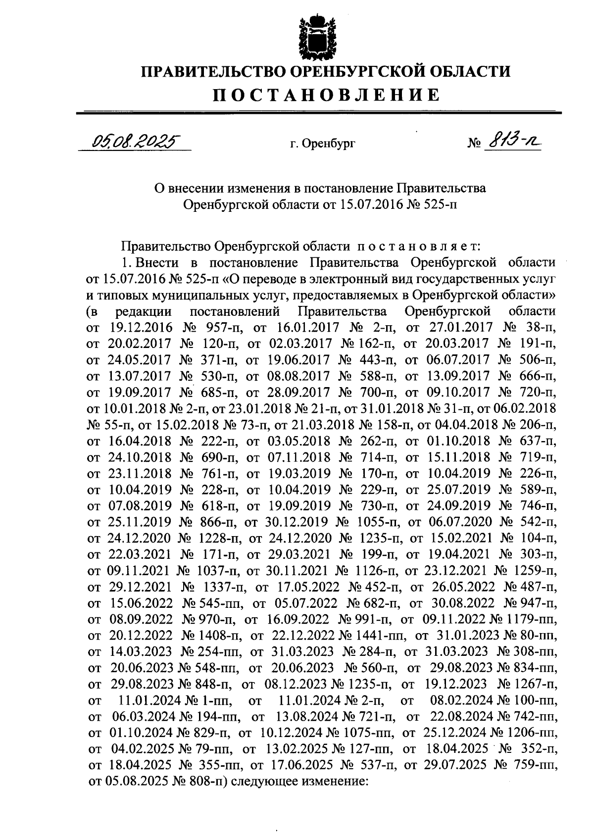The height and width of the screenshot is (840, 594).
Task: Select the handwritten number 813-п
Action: (x=512, y=142)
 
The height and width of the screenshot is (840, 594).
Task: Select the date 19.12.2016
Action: (x=140, y=327)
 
